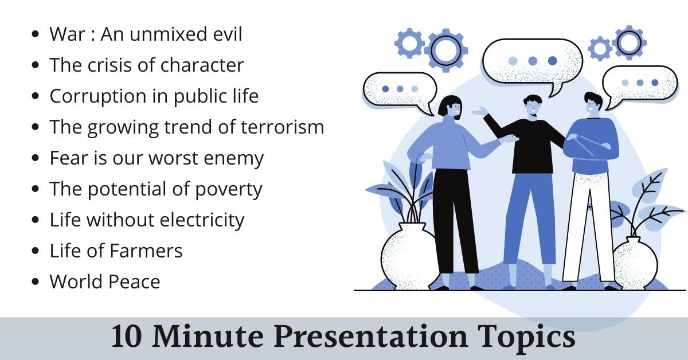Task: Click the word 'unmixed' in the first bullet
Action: [169, 34]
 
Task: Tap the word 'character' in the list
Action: [202, 65]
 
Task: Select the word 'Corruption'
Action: [98, 97]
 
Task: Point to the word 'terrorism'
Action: [282, 127]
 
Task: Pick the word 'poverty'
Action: [229, 190]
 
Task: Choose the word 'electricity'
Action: [202, 220]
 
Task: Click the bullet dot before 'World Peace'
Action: [36, 281]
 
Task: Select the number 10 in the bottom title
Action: [127, 336]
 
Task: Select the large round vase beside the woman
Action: [408, 256]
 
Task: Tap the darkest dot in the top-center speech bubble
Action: [552, 61]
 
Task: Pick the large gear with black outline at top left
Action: [446, 50]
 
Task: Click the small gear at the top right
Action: [600, 49]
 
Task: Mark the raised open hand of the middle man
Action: [480, 111]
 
